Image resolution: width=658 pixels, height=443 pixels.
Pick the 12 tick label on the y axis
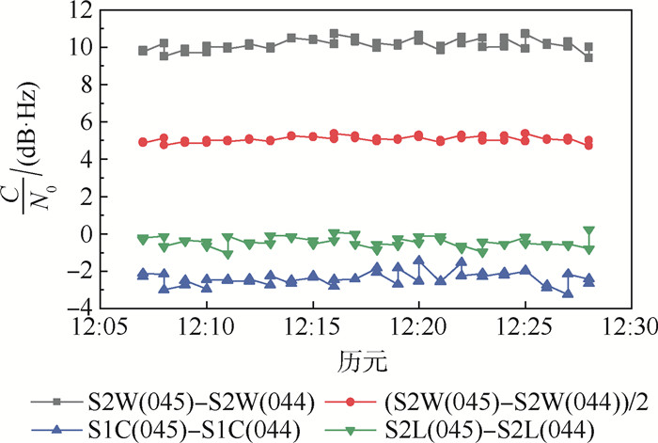82,11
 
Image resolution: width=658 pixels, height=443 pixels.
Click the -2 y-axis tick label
82,271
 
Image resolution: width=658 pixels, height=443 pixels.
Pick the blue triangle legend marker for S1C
58,428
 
